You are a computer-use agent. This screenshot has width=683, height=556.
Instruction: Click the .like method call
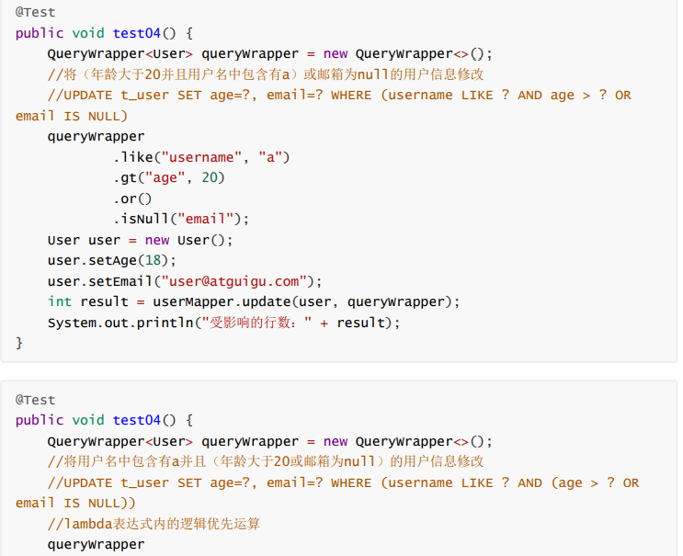(x=133, y=157)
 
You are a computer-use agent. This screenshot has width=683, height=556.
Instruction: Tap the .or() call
(x=133, y=199)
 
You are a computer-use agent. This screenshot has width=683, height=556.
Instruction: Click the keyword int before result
(x=60, y=301)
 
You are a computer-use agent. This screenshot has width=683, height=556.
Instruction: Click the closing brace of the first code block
(x=19, y=343)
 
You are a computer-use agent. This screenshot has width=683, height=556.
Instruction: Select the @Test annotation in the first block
(x=36, y=12)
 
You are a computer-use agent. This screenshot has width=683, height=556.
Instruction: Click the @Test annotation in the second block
(x=36, y=400)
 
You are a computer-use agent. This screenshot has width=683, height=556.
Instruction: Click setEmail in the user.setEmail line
(x=117, y=281)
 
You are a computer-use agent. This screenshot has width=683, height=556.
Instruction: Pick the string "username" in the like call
(x=201, y=157)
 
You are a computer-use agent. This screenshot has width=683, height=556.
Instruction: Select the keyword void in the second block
(x=88, y=420)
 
